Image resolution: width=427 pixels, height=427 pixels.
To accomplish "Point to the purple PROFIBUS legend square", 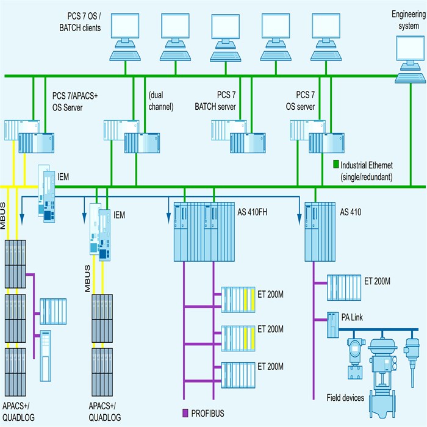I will pos(186,414).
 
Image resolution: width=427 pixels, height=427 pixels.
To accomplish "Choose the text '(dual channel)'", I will pos(160,101).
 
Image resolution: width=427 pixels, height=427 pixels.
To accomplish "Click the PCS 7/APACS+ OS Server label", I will pos(76,101).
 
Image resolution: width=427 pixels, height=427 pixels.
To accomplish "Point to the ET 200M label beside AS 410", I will pos(377,281).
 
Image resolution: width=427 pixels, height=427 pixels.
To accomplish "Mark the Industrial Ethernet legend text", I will pos(367,171).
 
